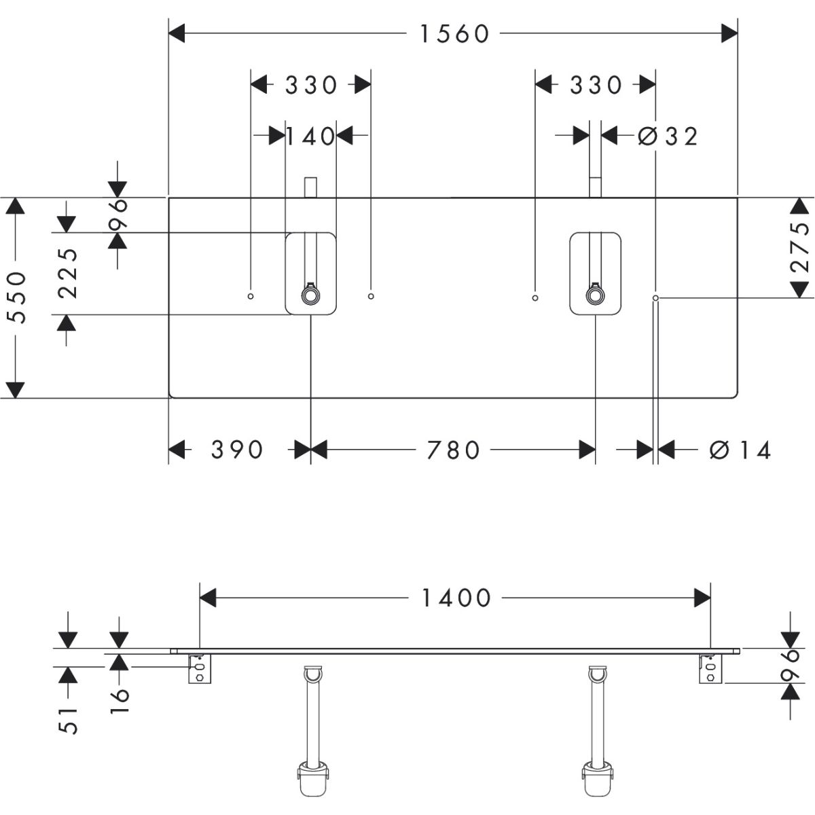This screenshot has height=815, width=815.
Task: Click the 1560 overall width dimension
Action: point(454,33)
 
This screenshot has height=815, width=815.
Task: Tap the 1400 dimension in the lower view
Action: point(456,598)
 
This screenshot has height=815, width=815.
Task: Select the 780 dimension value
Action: point(453,450)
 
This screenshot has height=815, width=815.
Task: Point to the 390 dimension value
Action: point(237,450)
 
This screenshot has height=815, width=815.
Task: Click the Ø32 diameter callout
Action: point(669,137)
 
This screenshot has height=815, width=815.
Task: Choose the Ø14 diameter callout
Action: point(740,450)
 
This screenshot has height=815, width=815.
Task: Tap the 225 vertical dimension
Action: point(67,273)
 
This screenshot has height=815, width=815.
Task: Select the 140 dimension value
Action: point(310,137)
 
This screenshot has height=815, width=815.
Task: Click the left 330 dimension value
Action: point(311,85)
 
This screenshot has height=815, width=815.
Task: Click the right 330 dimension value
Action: point(596,85)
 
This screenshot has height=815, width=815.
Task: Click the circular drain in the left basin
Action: point(310,295)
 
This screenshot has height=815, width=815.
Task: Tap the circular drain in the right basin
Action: point(595,295)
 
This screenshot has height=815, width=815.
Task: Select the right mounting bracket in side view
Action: point(710,669)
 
